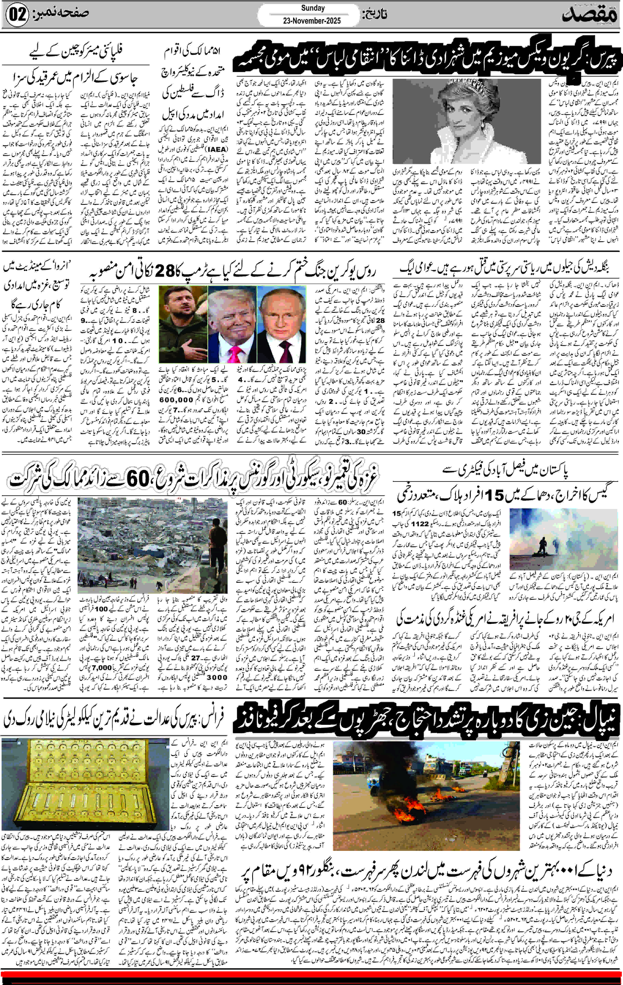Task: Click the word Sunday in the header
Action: click(x=313, y=8)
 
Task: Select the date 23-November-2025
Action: click(x=312, y=21)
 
